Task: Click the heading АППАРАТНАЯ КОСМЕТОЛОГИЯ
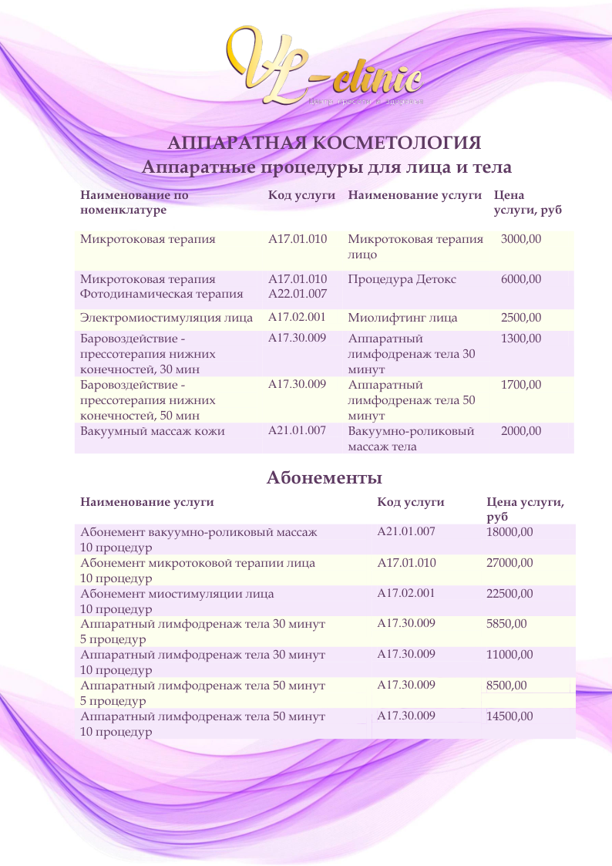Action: pyautogui.click(x=324, y=143)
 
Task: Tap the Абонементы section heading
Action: pyautogui.click(x=324, y=477)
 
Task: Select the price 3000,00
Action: pyautogui.click(x=521, y=239)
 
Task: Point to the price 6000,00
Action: pyautogui.click(x=521, y=279)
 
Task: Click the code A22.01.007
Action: pyautogui.click(x=298, y=293)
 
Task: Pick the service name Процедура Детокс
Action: pyautogui.click(x=402, y=279)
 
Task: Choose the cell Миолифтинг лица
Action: pyautogui.click(x=402, y=318)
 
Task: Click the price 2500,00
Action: pyautogui.click(x=521, y=318)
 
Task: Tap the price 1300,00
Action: pyautogui.click(x=521, y=339)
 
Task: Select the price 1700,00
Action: pyautogui.click(x=521, y=384)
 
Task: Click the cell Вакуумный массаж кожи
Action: pyautogui.click(x=153, y=431)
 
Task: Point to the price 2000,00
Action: pyautogui.click(x=521, y=431)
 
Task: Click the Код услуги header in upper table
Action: pyautogui.click(x=301, y=196)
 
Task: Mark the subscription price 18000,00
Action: pyautogui.click(x=509, y=532)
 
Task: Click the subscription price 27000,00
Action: pyautogui.click(x=509, y=563)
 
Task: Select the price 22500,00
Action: pyautogui.click(x=509, y=594)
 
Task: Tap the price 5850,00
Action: pyautogui.click(x=506, y=624)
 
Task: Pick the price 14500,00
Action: pyautogui.click(x=509, y=716)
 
